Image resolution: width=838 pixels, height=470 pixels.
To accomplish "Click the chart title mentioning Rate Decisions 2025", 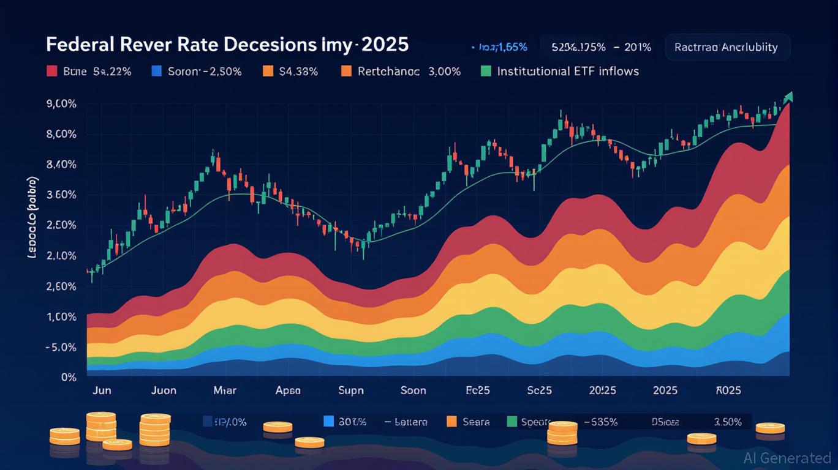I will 227,47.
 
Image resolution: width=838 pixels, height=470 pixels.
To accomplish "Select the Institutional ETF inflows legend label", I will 568,72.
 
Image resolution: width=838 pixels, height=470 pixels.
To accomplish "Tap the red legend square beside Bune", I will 51,72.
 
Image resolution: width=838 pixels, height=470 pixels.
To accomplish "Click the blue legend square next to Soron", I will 156,72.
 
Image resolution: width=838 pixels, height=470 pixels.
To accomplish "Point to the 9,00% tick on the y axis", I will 61,104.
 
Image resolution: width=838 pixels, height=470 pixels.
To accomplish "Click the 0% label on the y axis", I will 69,378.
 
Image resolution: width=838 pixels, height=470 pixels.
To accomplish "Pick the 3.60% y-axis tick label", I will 61,195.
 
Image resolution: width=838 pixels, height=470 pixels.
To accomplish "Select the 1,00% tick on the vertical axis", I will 61,317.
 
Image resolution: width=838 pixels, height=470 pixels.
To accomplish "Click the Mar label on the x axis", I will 225,390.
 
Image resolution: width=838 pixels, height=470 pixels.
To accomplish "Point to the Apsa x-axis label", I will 288,390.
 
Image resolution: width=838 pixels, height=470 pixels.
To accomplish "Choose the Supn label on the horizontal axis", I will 351,390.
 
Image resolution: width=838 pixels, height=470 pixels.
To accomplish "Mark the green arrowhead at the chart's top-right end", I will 788,96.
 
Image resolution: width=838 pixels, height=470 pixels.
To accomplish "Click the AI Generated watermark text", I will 787,458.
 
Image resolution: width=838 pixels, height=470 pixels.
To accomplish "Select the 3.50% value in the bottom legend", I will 728,422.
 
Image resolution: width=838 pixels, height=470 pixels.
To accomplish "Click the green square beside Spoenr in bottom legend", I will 513,422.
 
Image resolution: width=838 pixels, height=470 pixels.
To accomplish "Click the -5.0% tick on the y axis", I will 61,348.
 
